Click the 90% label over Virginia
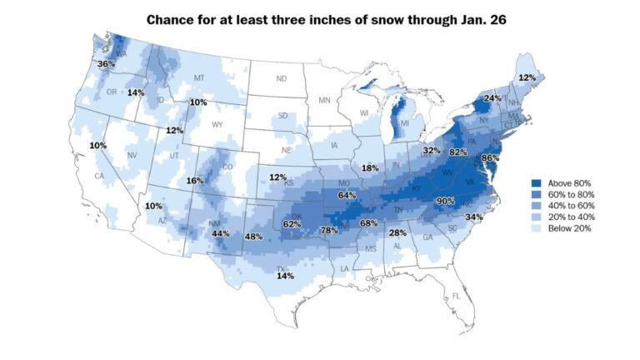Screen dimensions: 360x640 click(445, 201)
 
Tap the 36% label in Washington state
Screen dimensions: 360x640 click(106, 63)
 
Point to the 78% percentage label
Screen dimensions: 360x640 click(330, 230)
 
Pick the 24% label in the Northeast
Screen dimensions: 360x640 click(492, 98)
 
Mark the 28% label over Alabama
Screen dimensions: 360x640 click(397, 232)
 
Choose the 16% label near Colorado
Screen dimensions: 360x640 click(195, 181)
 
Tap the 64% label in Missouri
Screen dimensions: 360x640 click(347, 194)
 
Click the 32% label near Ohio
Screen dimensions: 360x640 click(431, 151)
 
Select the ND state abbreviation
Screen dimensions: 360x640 click(282, 79)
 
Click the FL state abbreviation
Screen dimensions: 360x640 click(456, 297)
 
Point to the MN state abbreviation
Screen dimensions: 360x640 click(325, 100)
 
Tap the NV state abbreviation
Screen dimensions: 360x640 click(132, 156)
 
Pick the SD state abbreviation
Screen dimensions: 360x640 click(282, 115)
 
